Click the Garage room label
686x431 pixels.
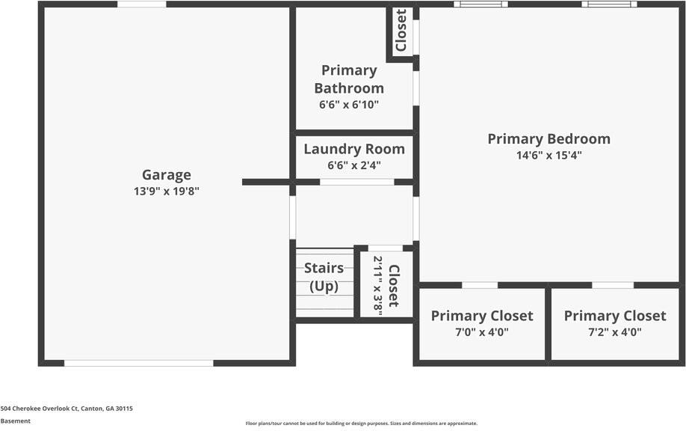click(167, 175)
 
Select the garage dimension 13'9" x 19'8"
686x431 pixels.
click(167, 192)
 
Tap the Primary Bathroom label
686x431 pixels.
click(349, 79)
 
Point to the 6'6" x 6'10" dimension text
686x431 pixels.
click(349, 105)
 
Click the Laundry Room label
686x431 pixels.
click(354, 149)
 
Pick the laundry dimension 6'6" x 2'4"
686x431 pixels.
click(354, 165)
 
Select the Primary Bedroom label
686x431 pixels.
click(549, 138)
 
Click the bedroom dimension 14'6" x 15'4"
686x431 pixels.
click(549, 156)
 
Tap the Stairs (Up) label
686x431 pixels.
click(324, 277)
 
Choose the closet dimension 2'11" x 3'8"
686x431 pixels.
click(378, 285)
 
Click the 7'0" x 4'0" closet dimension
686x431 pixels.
click(482, 332)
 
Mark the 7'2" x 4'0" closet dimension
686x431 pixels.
click(614, 332)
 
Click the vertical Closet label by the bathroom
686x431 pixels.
click(401, 31)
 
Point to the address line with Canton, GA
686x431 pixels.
click(67, 409)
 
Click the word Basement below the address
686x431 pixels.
click(16, 421)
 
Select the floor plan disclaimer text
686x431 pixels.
click(361, 424)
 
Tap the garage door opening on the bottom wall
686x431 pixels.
click(139, 363)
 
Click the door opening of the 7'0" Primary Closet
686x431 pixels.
click(480, 285)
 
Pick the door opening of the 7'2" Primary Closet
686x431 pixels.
click(613, 285)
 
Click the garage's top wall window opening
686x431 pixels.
click(142, 4)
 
